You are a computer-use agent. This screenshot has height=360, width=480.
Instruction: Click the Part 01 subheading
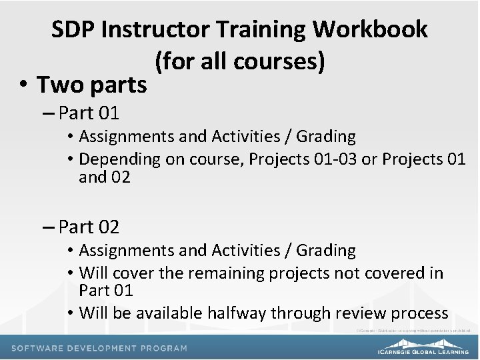(88, 111)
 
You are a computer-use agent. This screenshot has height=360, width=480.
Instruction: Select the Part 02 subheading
(89, 227)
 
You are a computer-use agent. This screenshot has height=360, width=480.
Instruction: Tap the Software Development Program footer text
(99, 349)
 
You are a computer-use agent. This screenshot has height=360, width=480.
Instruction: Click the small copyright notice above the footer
(413, 330)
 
